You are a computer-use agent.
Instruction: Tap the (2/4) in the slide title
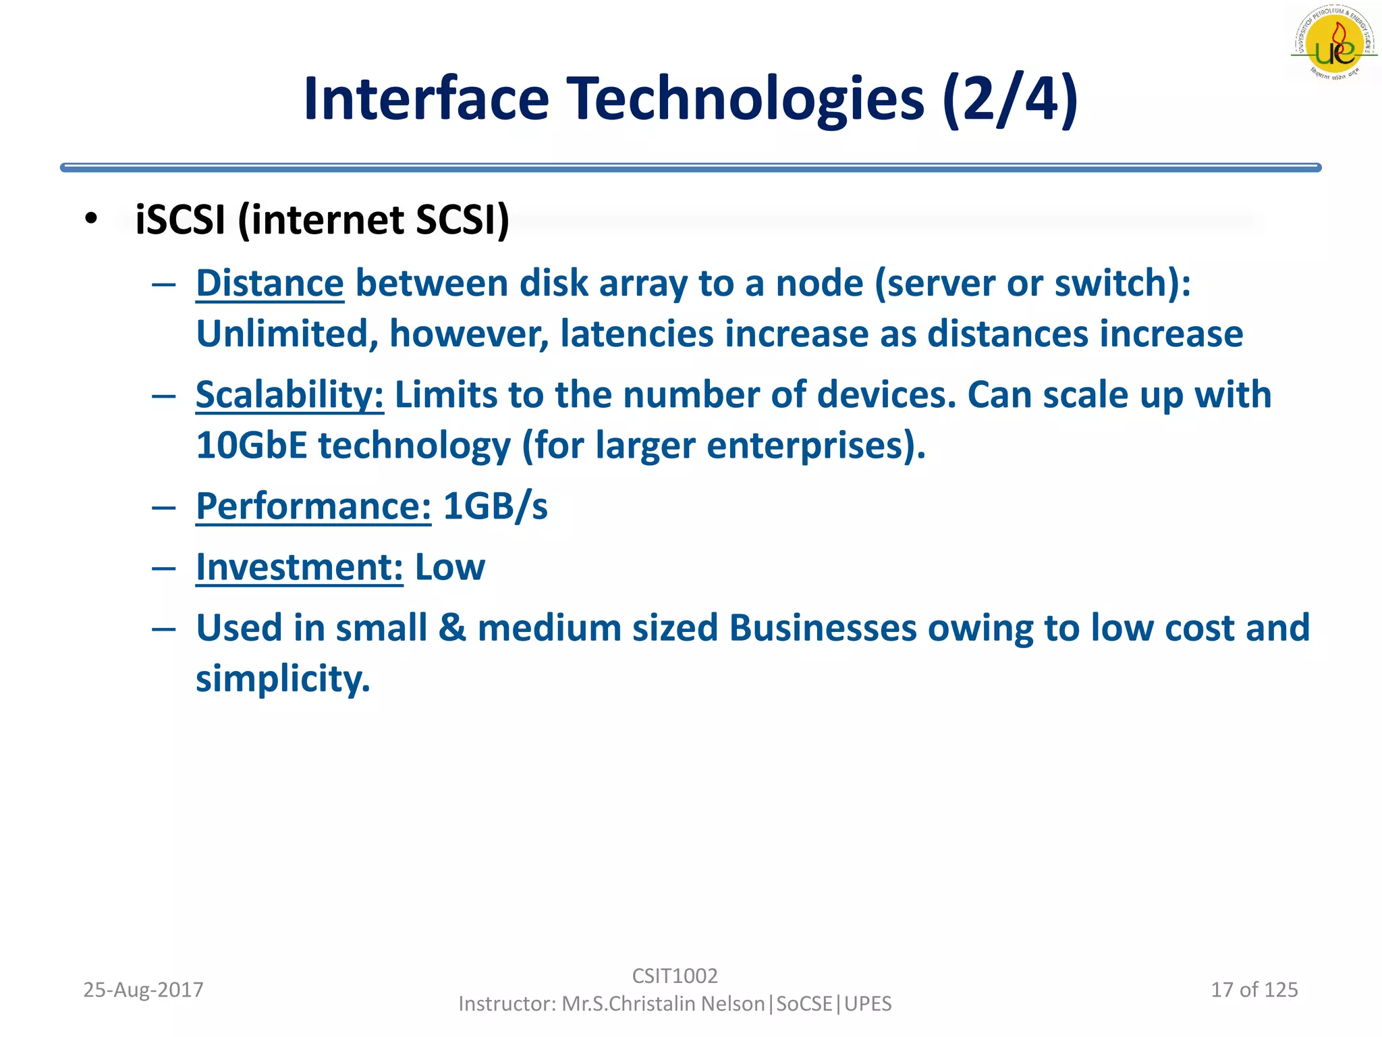pyautogui.click(x=1010, y=99)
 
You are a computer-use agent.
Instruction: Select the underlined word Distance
pyautogui.click(x=270, y=283)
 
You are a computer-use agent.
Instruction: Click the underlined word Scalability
pyautogui.click(x=289, y=395)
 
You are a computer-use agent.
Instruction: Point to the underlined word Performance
pyautogui.click(x=313, y=506)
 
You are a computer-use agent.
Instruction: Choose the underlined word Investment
pyautogui.click(x=299, y=567)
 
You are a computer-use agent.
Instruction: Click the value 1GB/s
pyautogui.click(x=495, y=506)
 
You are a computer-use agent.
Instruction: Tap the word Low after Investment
pyautogui.click(x=449, y=567)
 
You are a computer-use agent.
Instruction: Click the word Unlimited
pyautogui.click(x=287, y=334)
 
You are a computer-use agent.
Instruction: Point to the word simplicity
pyautogui.click(x=283, y=679)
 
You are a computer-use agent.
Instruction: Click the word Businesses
pyautogui.click(x=823, y=628)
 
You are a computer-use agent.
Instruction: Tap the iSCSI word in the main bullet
pyautogui.click(x=180, y=220)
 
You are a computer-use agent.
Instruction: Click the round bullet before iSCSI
pyautogui.click(x=92, y=219)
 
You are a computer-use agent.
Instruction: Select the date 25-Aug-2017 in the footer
pyautogui.click(x=143, y=990)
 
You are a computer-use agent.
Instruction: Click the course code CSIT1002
pyautogui.click(x=675, y=976)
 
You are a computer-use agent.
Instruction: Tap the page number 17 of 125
pyautogui.click(x=1254, y=990)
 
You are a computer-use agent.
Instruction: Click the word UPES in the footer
pyautogui.click(x=868, y=1004)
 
